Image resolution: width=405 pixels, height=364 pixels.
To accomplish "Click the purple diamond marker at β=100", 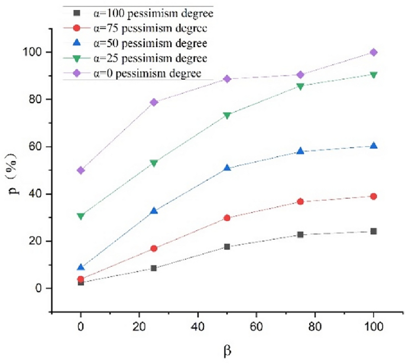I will point(373,52).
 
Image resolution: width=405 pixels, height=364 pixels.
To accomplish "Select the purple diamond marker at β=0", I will point(80,170).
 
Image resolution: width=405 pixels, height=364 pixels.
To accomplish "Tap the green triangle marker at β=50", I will point(227,115).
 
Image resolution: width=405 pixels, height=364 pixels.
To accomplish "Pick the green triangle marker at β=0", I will point(80,216).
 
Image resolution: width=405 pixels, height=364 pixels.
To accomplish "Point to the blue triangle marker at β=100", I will point(373,146).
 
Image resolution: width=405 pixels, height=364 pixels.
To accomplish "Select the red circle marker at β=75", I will point(300,202).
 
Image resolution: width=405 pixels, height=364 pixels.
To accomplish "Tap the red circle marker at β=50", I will point(227,218).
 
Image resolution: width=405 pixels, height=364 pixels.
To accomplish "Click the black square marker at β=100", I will point(373,231).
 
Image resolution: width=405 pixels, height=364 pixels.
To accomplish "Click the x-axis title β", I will point(227,352).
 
